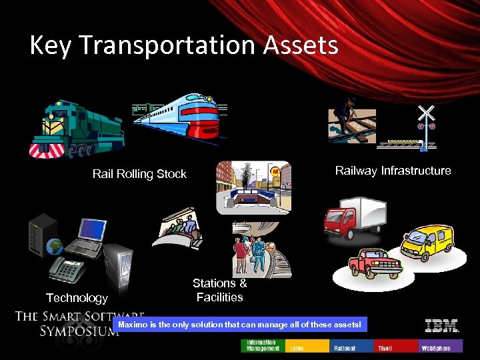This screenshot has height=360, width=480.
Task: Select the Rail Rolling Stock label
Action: (139, 174)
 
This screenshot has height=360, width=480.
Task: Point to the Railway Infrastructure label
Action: (393, 171)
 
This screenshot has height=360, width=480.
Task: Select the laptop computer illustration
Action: (84, 237)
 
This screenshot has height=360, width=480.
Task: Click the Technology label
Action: (77, 298)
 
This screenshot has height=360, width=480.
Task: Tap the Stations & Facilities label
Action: (220, 291)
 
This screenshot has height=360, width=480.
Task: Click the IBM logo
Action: (442, 326)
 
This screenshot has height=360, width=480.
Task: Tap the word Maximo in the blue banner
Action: (134, 325)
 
